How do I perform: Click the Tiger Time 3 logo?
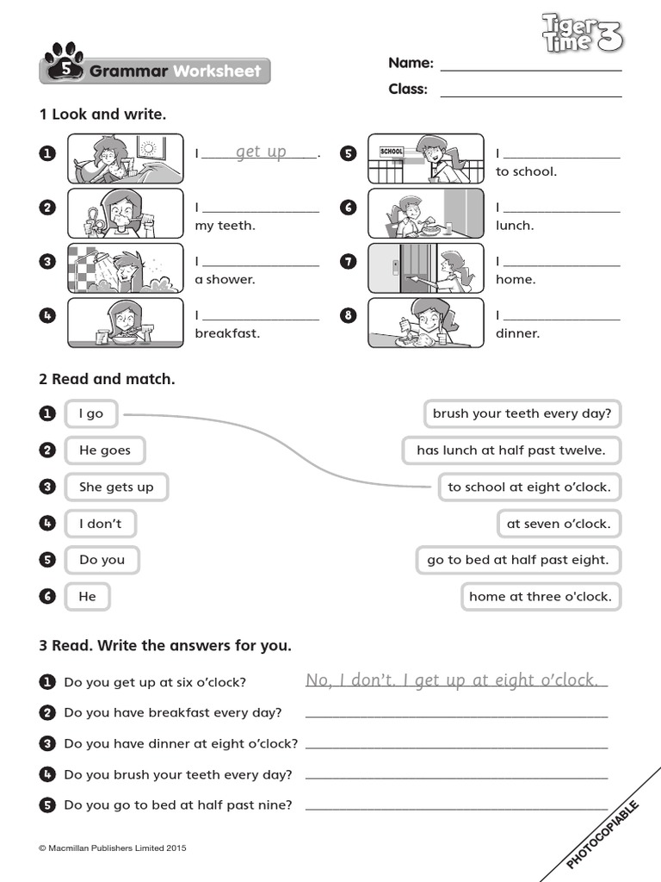click(582, 34)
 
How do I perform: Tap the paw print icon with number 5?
click(64, 65)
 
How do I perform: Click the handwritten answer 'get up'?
click(261, 152)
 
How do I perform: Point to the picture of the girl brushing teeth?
click(126, 213)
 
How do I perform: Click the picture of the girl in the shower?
click(126, 268)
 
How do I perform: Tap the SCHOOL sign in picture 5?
click(392, 152)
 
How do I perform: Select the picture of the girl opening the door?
click(426, 268)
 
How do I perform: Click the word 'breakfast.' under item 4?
click(227, 333)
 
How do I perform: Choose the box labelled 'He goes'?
click(105, 450)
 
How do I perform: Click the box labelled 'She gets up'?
click(116, 487)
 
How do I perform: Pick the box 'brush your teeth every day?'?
click(522, 413)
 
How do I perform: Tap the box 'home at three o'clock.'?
click(540, 596)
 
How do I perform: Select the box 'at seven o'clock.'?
click(558, 524)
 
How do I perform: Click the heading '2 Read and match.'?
click(107, 379)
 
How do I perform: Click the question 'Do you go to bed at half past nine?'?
click(178, 805)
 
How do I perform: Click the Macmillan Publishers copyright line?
click(113, 848)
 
